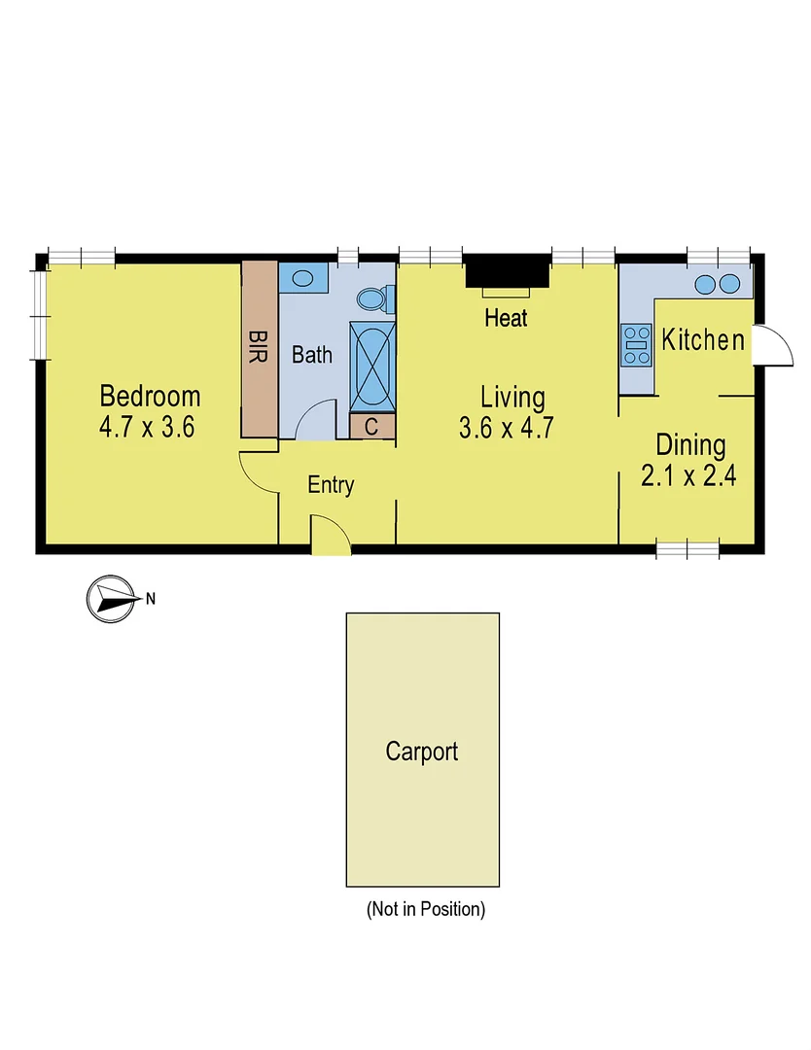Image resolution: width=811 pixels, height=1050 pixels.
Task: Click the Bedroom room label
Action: [x=151, y=397]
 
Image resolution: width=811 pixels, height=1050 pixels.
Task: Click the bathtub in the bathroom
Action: [x=372, y=367]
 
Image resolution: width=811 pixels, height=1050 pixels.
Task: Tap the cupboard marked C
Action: [x=372, y=426]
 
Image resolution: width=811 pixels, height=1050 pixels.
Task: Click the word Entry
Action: [x=331, y=485]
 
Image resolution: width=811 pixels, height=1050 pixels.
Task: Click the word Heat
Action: [x=506, y=317]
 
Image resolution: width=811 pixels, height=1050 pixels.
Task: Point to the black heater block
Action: [x=507, y=271]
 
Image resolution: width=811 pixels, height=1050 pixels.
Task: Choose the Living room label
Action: [x=512, y=397]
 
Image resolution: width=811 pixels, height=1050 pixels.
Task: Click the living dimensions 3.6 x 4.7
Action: [x=506, y=428]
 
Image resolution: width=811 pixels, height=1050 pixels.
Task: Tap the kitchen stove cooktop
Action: [x=637, y=345]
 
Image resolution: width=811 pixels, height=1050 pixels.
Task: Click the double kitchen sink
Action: [x=718, y=283]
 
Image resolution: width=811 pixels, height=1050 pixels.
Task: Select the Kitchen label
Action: [x=703, y=340]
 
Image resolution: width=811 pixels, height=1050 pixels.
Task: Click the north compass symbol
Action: [x=109, y=599]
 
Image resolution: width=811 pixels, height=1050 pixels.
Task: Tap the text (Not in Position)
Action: [x=425, y=910]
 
